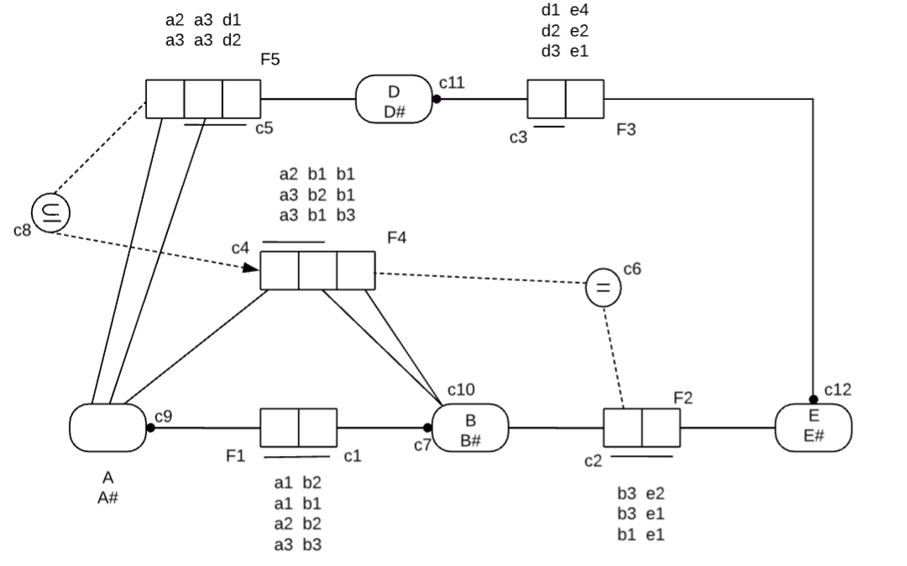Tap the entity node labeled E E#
(813, 427)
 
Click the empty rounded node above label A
(107, 427)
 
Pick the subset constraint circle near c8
(47, 210)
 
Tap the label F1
(236, 456)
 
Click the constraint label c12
(838, 390)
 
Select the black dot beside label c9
(150, 427)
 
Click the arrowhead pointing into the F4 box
(251, 269)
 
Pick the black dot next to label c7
(428, 427)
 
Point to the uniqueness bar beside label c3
(549, 127)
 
